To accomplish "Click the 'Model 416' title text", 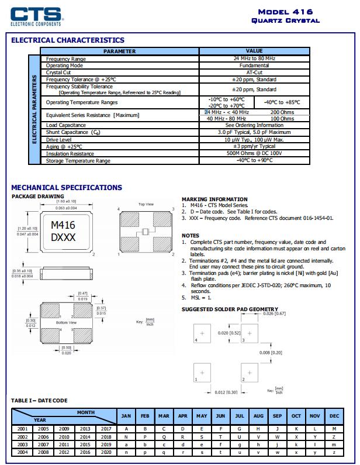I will tap(285, 12).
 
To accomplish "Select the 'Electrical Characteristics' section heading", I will tap(68, 40).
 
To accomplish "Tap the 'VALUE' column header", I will tap(254, 51).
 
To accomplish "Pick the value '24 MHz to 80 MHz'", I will tap(254, 59).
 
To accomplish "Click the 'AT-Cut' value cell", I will tap(254, 73).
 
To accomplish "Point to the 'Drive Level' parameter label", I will tap(59, 140).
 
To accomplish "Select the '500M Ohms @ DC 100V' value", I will tap(254, 153).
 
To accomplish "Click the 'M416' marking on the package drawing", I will tap(63, 225).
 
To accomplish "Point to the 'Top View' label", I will tap(146, 204).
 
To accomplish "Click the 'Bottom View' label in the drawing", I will tap(66, 322).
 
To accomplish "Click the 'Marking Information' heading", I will tap(214, 199).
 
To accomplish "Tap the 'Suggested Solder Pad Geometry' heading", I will tap(230, 309).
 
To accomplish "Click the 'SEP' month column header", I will tap(277, 416).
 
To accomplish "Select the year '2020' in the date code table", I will tap(106, 452).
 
